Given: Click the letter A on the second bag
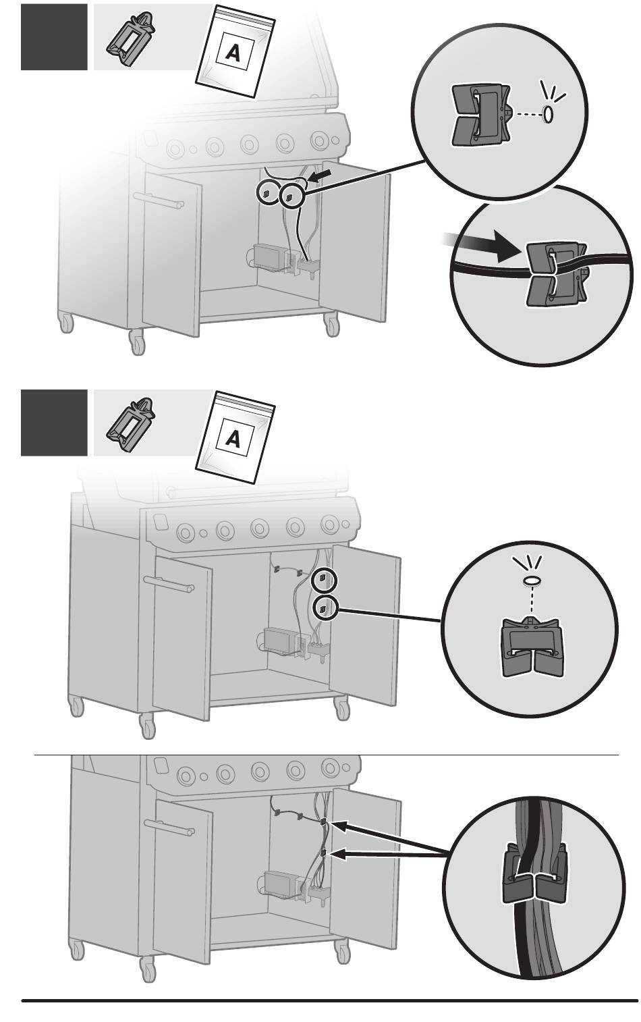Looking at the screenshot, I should [x=233, y=439].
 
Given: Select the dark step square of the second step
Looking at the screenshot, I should [x=54, y=423].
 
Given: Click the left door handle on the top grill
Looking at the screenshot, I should [x=160, y=200].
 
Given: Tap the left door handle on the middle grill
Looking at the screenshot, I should [x=169, y=585].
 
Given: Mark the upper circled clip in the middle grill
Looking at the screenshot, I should [x=324, y=579].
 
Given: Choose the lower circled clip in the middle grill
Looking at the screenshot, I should [x=324, y=609].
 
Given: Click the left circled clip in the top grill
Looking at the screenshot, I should [x=267, y=193].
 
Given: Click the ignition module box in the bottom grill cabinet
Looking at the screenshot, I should [x=279, y=882].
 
